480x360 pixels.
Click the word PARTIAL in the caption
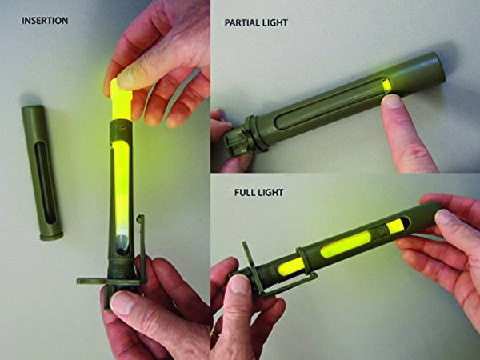pos(243,23)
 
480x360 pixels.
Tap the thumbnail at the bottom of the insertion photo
pos(122,302)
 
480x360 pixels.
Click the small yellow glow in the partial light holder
pos(387,85)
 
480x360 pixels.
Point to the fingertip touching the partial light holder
pos(393,102)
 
